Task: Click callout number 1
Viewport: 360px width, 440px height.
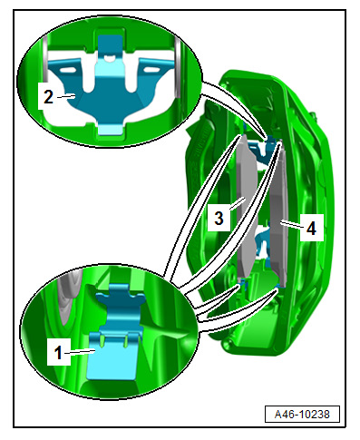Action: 58,353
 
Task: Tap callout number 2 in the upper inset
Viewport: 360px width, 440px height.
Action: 48,97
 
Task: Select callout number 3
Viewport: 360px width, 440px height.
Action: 219,218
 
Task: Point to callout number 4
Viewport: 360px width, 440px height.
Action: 311,228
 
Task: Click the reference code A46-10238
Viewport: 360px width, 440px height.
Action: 302,414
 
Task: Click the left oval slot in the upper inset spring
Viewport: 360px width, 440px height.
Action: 68,70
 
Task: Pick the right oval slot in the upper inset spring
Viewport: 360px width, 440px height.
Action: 151,70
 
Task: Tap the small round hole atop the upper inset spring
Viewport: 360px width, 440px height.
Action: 111,57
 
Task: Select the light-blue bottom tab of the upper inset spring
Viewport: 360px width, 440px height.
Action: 111,131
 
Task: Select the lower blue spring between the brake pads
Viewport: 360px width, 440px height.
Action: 262,243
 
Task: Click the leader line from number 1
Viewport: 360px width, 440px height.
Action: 80,351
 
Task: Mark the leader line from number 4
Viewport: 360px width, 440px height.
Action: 291,224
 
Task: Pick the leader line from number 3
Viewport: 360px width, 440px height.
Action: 237,203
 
